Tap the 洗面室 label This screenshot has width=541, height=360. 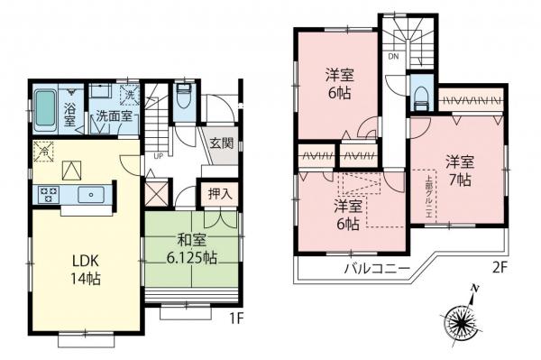point(115,115)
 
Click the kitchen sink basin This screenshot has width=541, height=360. point(89,194)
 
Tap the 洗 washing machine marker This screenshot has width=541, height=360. point(128,95)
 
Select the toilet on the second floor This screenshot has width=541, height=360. point(418,93)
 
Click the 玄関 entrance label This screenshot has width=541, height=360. point(223,143)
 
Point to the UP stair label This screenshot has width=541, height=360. point(159,154)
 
